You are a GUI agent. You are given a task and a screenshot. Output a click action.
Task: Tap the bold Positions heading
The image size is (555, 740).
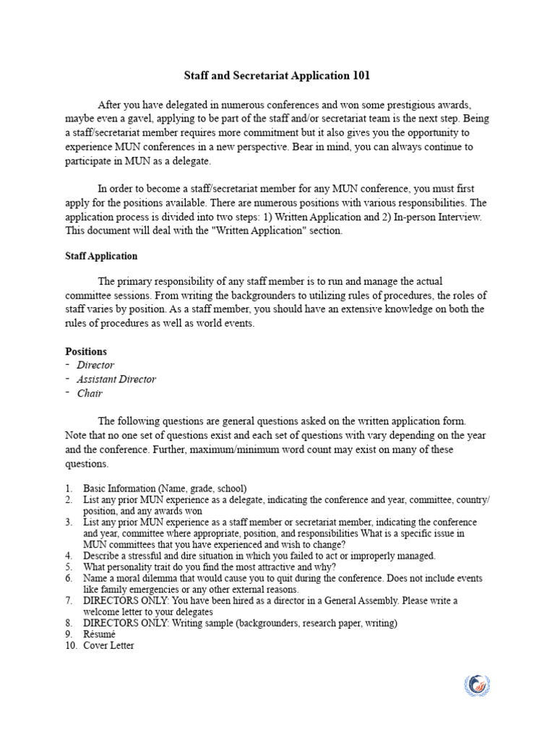coord(86,351)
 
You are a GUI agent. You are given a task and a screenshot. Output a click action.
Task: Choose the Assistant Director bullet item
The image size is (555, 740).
coord(116,379)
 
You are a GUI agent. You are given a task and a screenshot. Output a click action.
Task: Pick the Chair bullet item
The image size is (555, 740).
coord(90,393)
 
